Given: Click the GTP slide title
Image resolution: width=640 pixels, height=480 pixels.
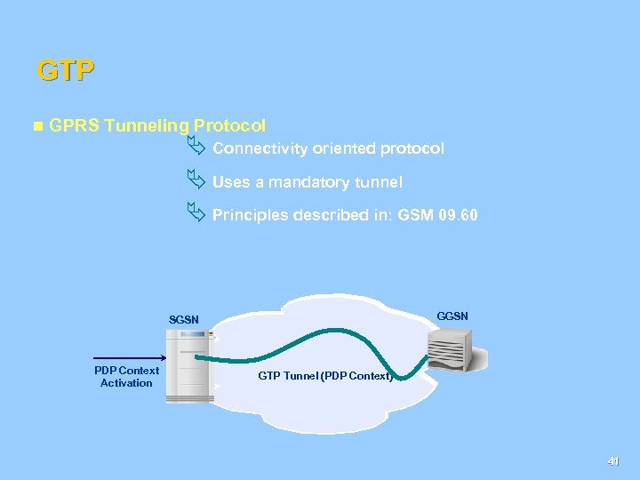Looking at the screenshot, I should coord(65,70).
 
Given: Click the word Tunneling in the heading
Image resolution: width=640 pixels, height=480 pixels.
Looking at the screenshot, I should coord(146,127).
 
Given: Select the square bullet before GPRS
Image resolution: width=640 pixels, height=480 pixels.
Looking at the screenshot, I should coord(36,127).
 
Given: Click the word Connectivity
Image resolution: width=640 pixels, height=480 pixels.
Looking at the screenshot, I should coord(256,148).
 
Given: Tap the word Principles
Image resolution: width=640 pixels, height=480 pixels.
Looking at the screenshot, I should coord(251,215).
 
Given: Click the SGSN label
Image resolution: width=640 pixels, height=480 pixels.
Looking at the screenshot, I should coord(184,320).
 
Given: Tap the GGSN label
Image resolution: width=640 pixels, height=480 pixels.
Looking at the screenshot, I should coord(453,316).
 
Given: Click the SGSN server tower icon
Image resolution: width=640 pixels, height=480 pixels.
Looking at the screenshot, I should coord(189,365).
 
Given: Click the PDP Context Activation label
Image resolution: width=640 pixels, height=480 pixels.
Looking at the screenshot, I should coord(126,377).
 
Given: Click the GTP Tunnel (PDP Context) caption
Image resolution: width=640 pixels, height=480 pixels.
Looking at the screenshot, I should coord(325,376).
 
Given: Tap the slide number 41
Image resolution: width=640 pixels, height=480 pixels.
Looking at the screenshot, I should coord(612,461).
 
